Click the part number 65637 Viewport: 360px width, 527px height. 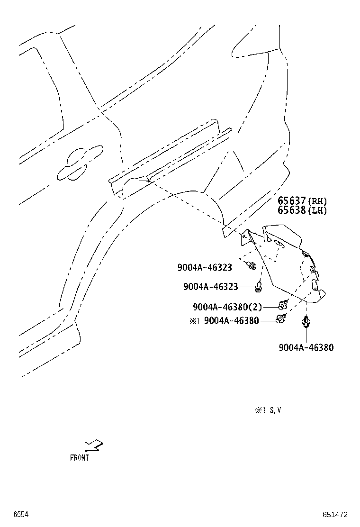click(x=291, y=201)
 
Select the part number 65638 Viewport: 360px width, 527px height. click(x=291, y=211)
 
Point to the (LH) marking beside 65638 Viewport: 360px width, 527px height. click(x=317, y=211)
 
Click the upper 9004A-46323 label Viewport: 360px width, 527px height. click(x=205, y=268)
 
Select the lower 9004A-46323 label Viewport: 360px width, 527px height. click(x=211, y=287)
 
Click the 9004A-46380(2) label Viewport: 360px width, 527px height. click(x=227, y=307)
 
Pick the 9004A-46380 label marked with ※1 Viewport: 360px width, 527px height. click(x=231, y=321)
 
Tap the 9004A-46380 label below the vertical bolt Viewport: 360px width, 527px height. click(x=306, y=347)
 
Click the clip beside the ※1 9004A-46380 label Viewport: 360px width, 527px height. click(x=281, y=318)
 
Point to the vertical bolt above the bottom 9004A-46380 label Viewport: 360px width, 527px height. click(x=306, y=322)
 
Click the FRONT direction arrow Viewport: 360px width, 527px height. click(x=93, y=445)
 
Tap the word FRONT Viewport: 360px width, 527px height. click(x=80, y=457)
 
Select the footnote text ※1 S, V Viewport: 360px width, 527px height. click(x=268, y=410)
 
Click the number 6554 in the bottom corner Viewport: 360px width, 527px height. click(x=21, y=515)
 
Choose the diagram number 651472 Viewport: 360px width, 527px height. click(x=335, y=515)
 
